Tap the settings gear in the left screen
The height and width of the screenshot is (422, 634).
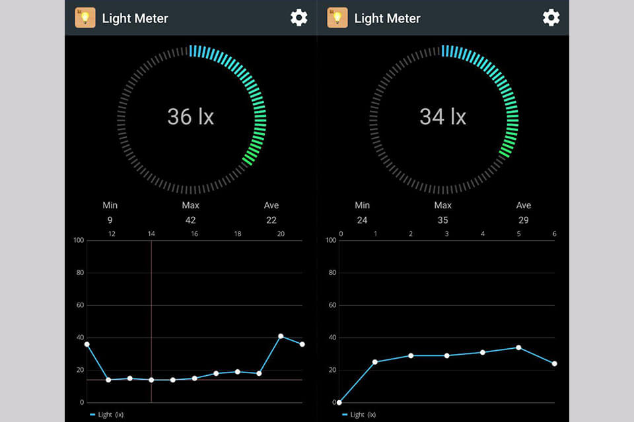299,18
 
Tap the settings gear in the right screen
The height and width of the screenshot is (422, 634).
551,18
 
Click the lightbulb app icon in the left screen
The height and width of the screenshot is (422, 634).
85,18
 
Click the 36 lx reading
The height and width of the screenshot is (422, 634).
190,117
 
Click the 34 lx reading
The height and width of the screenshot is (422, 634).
442,117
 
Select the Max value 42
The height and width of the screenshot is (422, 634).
190,220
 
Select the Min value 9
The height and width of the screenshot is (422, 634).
110,220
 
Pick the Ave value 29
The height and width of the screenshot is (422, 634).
523,220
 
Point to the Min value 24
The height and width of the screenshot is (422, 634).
362,220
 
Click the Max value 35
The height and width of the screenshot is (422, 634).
442,220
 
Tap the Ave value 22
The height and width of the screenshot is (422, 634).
271,220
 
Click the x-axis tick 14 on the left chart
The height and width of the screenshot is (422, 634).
151,234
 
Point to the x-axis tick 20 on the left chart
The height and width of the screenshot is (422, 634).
281,234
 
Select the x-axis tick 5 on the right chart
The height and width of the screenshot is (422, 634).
518,234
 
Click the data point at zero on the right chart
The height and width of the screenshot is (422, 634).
339,402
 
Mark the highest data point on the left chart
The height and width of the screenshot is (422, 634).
281,336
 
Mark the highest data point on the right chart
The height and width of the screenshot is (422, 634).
518,347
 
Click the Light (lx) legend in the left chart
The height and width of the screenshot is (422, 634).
107,415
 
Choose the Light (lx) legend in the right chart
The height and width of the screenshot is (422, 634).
360,415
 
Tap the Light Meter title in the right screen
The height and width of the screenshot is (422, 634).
387,18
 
